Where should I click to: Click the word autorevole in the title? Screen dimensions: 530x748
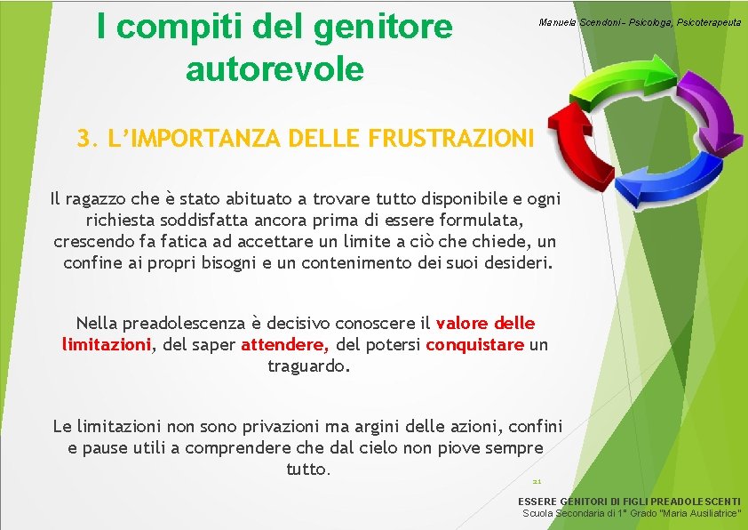[x=275, y=68]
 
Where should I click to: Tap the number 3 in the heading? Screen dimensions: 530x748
[x=84, y=139]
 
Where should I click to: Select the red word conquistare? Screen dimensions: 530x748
[x=474, y=344]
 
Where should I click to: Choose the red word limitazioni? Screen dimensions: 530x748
[x=105, y=344]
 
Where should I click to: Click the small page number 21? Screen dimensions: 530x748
[x=537, y=480]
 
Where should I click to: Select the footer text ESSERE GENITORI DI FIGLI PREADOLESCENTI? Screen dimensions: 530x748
[x=629, y=502]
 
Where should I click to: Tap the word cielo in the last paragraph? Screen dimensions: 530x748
[x=396, y=448]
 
